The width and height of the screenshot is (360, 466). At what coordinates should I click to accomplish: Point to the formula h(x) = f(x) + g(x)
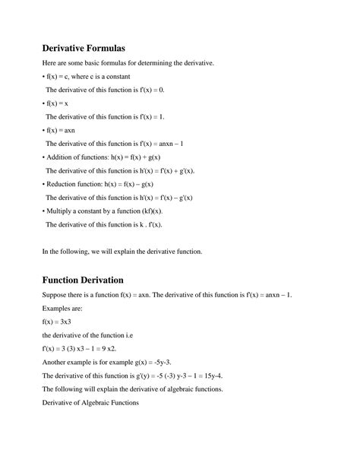click(x=135, y=157)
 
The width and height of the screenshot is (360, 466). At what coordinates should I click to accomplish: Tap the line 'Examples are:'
click(x=65, y=308)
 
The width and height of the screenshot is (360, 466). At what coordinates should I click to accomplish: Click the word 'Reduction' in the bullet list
click(x=67, y=184)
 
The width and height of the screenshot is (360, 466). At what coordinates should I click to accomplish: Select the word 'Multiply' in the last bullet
click(x=64, y=211)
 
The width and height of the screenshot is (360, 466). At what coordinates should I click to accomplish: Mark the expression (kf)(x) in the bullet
click(x=169, y=211)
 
